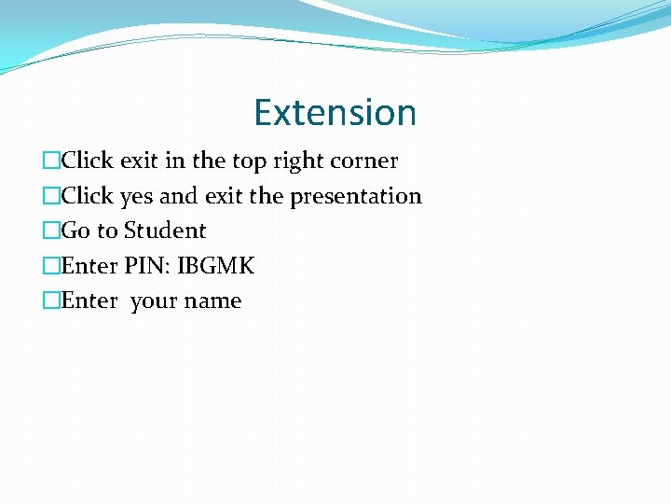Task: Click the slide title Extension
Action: (335, 113)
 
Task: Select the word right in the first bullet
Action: (295, 161)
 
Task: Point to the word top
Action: (249, 161)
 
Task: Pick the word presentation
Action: (356, 197)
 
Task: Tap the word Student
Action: (164, 231)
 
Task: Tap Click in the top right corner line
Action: (87, 161)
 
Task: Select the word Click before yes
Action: (87, 196)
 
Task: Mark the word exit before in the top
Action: (139, 161)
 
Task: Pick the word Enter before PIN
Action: (89, 266)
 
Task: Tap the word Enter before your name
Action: (89, 301)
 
